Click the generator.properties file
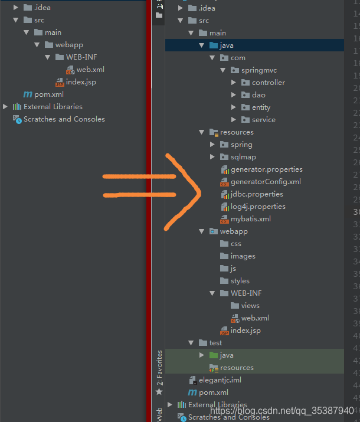click(x=266, y=169)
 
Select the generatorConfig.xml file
click(x=266, y=182)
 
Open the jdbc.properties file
click(x=257, y=194)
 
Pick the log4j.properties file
click(x=258, y=207)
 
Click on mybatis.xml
click(x=251, y=219)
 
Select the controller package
click(x=268, y=83)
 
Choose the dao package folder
click(x=258, y=95)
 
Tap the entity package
click(x=261, y=107)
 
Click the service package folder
click(x=263, y=120)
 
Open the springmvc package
click(x=258, y=70)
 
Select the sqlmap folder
click(x=243, y=157)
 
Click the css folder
click(x=235, y=244)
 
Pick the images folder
click(x=243, y=256)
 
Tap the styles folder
click(x=240, y=281)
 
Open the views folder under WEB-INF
click(x=250, y=306)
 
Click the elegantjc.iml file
click(x=220, y=380)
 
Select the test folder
click(x=215, y=343)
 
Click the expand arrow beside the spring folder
click(x=212, y=145)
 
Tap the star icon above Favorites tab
click(x=159, y=391)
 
